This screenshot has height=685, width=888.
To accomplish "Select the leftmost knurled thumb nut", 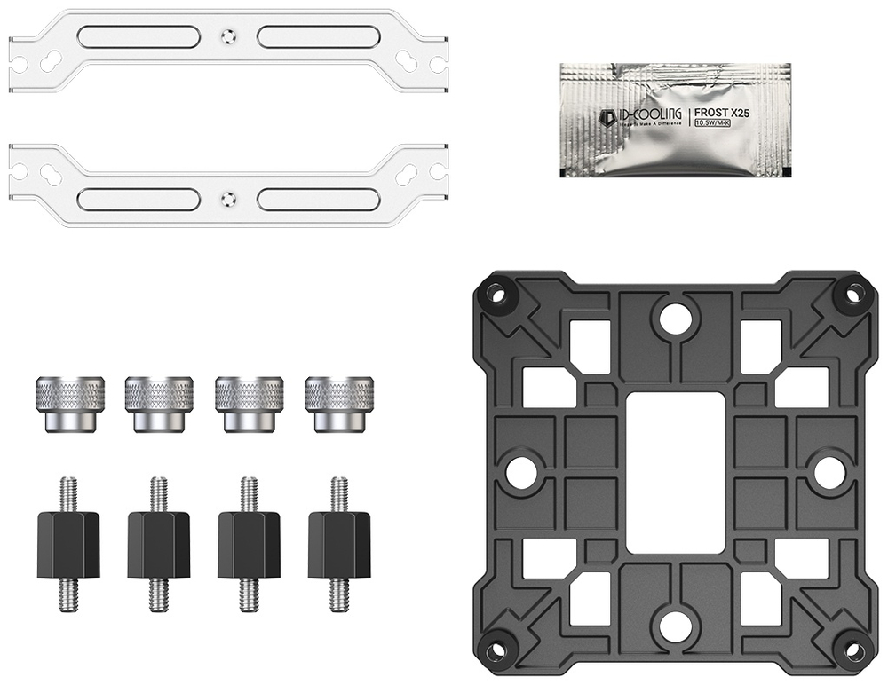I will pos(70,403).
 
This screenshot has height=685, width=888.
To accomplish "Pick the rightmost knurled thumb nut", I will pos(340,403).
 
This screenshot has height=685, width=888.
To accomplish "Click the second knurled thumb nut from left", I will pos(159,403).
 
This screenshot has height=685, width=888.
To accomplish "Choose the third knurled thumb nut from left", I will pos(250,403).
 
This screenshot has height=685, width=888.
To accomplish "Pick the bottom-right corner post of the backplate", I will pos(854,650).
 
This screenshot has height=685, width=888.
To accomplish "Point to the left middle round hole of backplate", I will pos(521,473).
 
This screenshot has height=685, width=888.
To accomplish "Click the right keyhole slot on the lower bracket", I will pos(408,175).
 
